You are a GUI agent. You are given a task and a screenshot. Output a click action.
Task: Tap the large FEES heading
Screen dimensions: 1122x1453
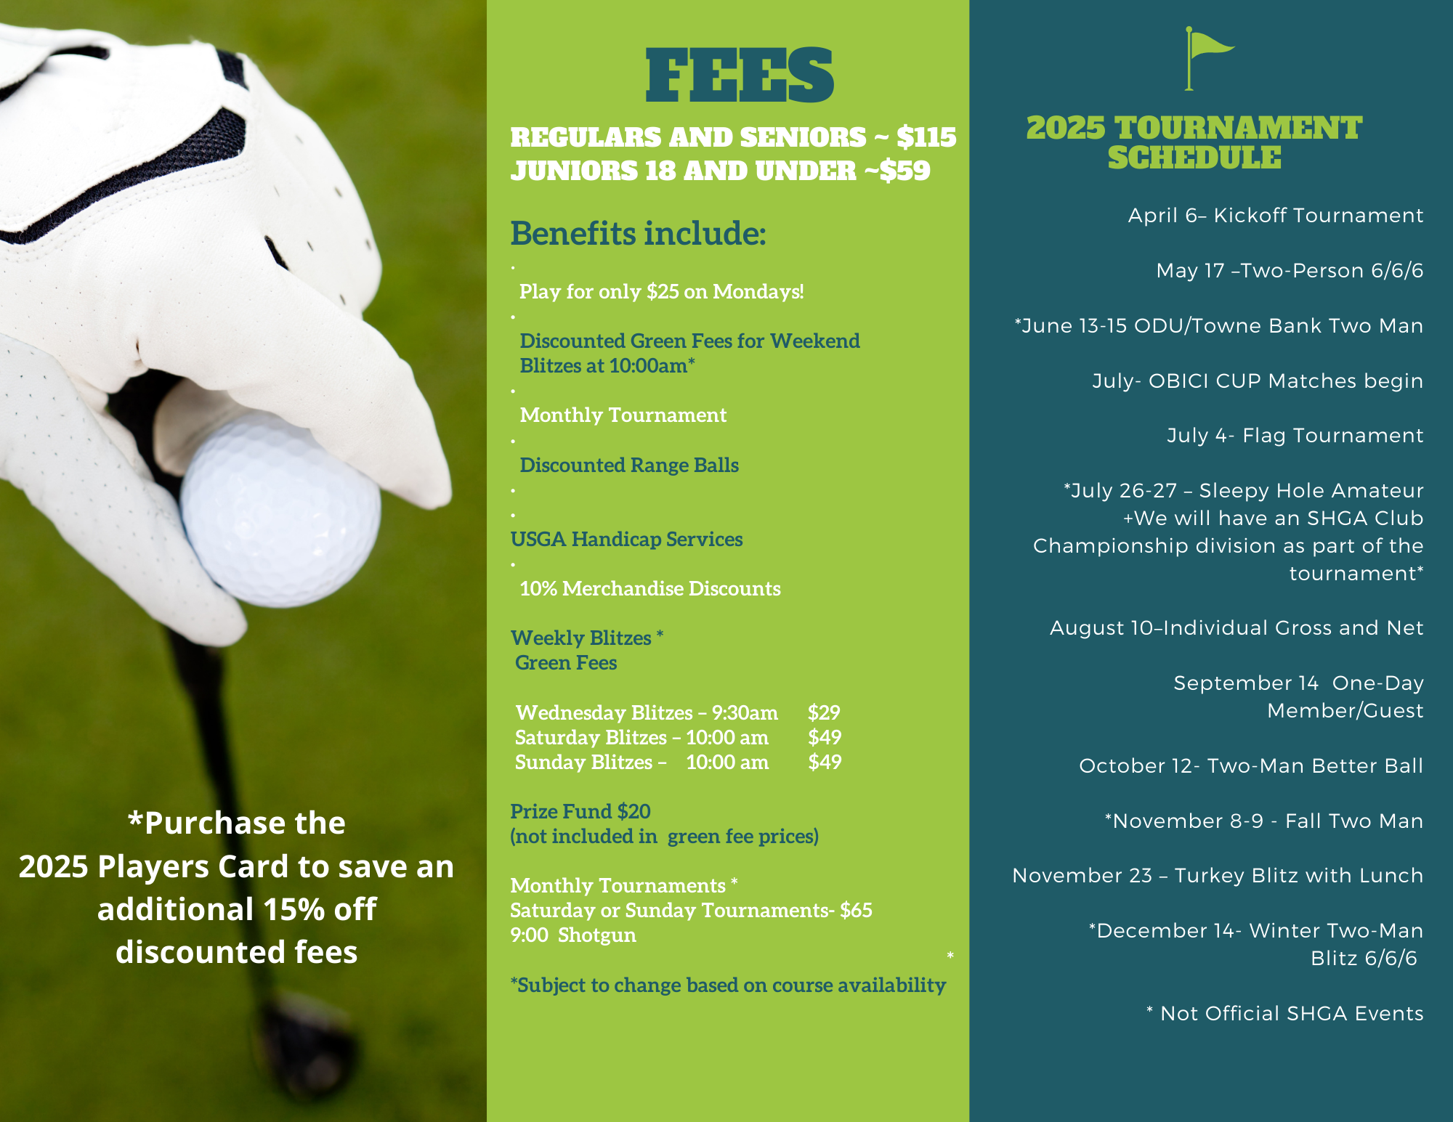click(x=740, y=76)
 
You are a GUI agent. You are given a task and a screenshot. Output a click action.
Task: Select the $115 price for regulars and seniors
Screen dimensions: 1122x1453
click(x=926, y=137)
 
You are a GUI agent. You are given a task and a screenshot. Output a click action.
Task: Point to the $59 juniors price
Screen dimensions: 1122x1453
click(x=904, y=171)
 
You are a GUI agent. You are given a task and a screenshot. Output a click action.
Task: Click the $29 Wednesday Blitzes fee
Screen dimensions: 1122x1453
click(x=824, y=712)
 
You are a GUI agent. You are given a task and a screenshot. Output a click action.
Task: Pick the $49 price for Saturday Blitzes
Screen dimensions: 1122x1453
click(x=825, y=737)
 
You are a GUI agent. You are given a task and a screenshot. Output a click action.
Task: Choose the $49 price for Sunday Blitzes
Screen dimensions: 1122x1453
click(x=825, y=762)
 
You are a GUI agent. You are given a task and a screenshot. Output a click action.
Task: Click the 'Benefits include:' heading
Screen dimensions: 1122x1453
click(x=638, y=234)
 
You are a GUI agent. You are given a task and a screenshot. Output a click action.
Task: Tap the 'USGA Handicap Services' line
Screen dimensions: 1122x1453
click(x=626, y=539)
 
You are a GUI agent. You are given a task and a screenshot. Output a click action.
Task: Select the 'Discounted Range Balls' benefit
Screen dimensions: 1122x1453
click(x=629, y=465)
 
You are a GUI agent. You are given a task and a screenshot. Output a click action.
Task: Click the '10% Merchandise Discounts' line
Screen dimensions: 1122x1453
click(x=650, y=588)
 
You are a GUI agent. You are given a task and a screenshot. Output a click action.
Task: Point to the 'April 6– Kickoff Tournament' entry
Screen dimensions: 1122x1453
click(x=1275, y=216)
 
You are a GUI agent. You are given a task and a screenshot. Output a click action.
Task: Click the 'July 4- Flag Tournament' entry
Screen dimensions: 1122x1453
click(x=1295, y=436)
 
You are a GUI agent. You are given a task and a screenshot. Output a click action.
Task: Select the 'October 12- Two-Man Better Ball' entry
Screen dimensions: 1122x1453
click(x=1250, y=766)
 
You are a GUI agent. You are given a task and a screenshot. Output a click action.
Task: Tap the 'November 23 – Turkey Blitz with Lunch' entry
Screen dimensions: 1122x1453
click(x=1218, y=876)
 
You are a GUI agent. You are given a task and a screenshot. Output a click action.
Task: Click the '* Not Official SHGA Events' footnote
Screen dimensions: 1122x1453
click(x=1284, y=1014)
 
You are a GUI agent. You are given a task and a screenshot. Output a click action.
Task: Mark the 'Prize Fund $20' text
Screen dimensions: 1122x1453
click(x=580, y=811)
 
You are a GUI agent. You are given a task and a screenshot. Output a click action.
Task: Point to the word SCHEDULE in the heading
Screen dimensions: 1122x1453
click(x=1194, y=158)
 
